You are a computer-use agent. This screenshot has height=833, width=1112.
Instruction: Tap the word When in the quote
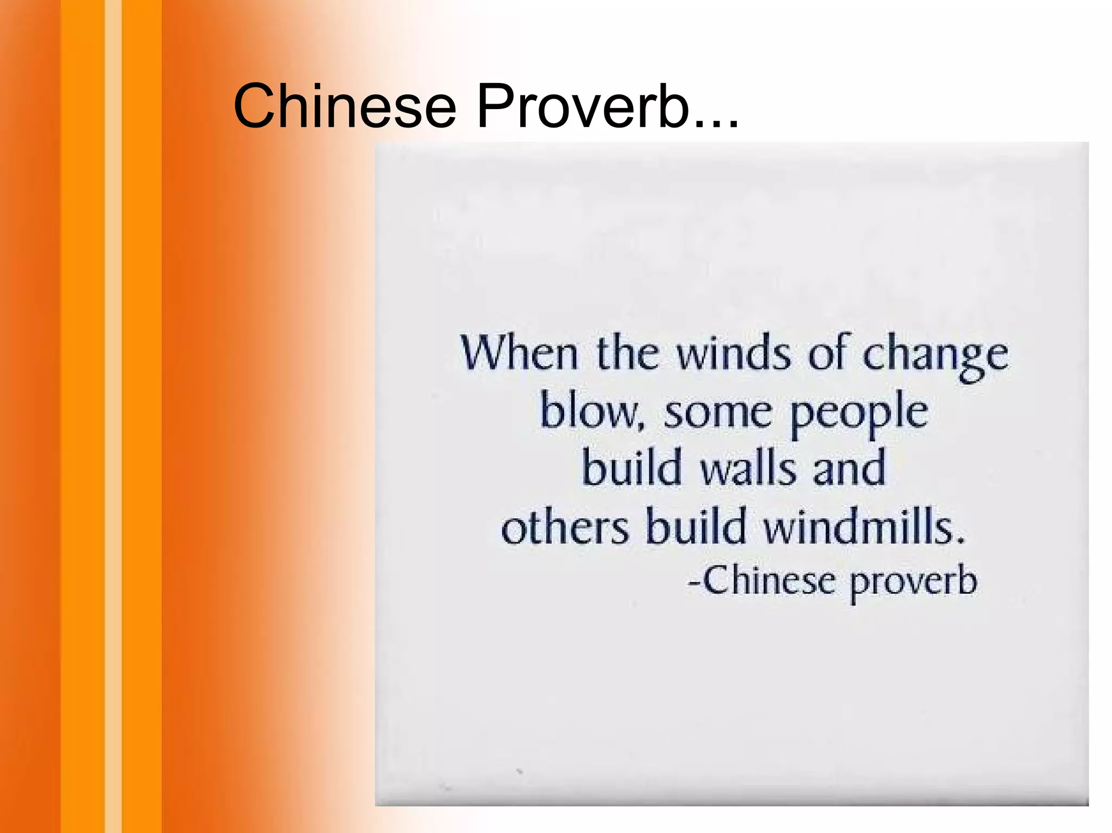[519, 354]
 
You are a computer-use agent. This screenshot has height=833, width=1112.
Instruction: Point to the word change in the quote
[935, 355]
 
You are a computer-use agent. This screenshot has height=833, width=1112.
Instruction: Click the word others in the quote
[565, 527]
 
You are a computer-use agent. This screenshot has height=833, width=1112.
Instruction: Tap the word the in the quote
[627, 354]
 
